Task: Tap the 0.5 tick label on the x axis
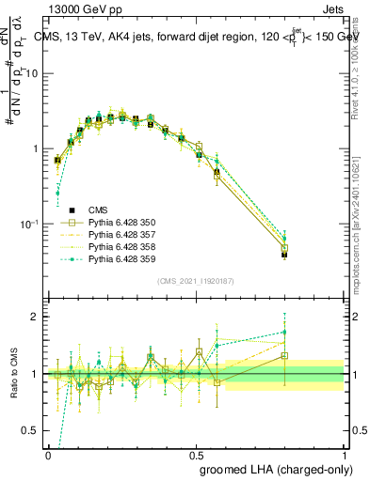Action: click(x=196, y=453)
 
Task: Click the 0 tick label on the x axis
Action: click(x=48, y=453)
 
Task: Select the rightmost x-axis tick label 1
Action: click(x=344, y=453)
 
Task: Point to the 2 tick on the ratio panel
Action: click(x=37, y=318)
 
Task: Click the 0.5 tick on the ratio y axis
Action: click(x=32, y=431)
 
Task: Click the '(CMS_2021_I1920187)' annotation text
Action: click(x=195, y=280)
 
